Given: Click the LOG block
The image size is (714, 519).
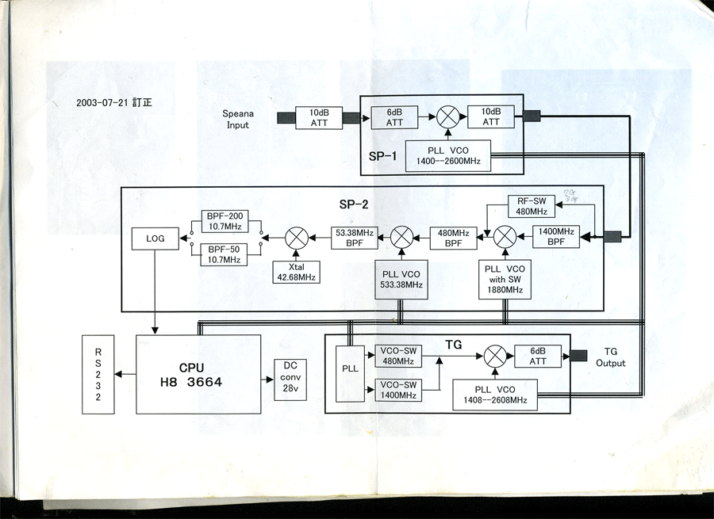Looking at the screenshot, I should point(155,239).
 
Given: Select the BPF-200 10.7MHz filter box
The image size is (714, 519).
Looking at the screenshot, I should point(225,221).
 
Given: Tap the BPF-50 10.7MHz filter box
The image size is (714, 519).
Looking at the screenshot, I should point(225,254).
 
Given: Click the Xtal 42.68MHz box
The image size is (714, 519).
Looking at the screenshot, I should point(297,271).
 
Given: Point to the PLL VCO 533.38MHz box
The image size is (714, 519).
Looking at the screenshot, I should point(401,280).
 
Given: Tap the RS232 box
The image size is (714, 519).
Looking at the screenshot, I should point(98,374).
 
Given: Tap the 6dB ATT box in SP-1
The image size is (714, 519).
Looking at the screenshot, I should point(394,117).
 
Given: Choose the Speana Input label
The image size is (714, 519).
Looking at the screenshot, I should point(237,120).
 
